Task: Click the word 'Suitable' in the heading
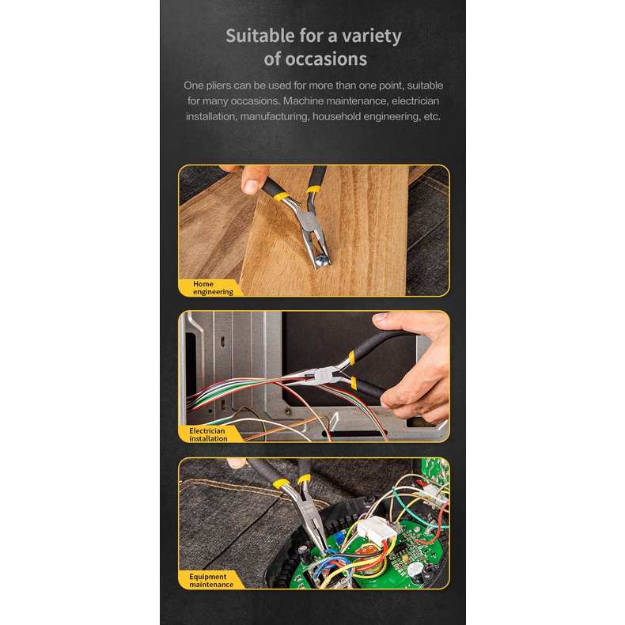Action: (x=260, y=36)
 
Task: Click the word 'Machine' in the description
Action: (x=303, y=100)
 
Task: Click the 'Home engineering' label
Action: (x=213, y=288)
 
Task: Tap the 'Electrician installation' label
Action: (x=208, y=434)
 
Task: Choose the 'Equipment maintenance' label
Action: (x=211, y=581)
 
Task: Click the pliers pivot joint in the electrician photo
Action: (x=321, y=375)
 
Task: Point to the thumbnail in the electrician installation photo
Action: (x=380, y=316)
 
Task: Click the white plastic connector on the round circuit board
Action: (x=376, y=529)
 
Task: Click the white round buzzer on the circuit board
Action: (x=415, y=568)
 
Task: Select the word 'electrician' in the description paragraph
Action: (x=415, y=100)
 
